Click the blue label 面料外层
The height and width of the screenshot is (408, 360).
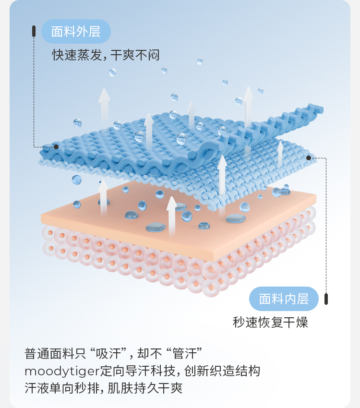click(76, 32)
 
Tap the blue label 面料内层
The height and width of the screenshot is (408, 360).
click(284, 299)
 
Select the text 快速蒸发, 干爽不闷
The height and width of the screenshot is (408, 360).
click(106, 55)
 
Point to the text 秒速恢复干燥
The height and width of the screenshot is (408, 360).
click(270, 322)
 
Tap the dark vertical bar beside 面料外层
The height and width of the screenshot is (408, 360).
click(34, 31)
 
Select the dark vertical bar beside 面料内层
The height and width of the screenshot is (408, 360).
click(326, 299)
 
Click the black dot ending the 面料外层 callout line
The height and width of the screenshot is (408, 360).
click(56, 147)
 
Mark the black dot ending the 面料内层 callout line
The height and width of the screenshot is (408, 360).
click(309, 157)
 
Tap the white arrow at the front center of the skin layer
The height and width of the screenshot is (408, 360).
click(171, 216)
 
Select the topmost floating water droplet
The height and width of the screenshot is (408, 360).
click(200, 61)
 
